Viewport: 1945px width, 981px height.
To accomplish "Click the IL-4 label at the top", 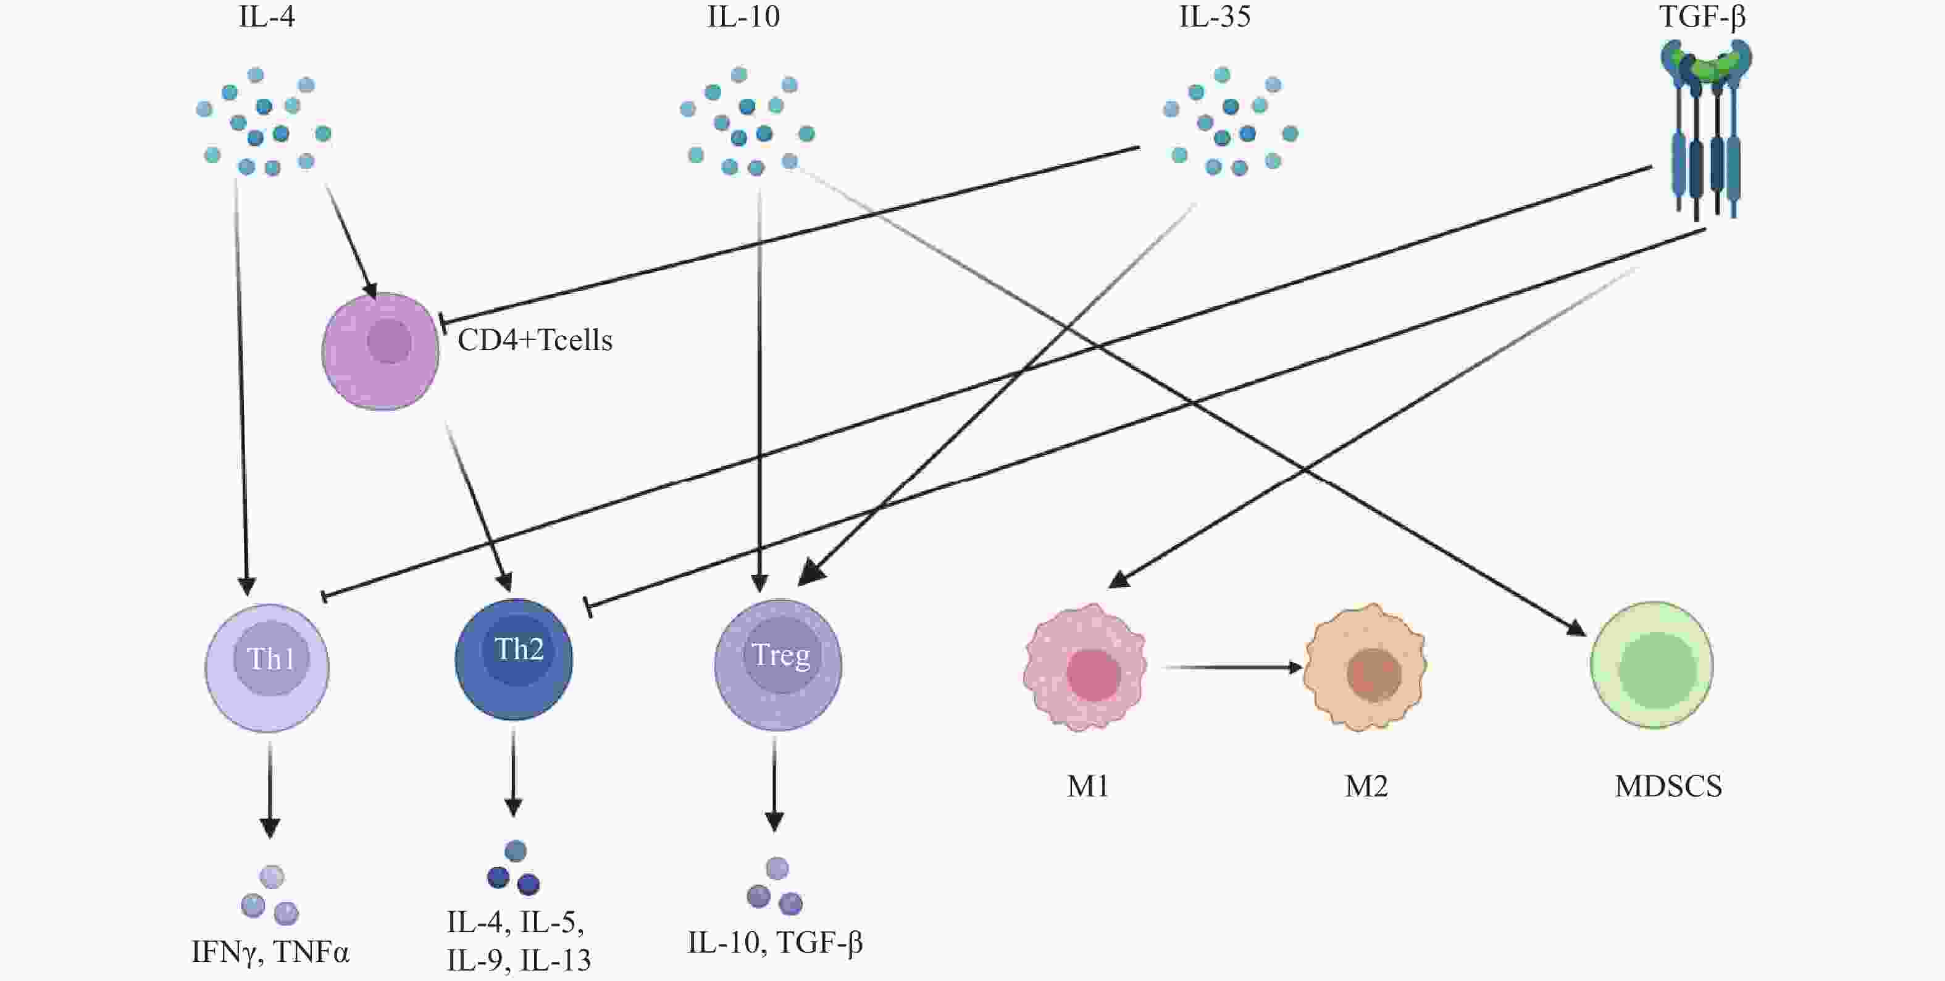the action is (267, 16).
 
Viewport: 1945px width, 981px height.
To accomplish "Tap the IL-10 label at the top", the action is (743, 16).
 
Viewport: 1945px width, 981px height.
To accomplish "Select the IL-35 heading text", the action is (1215, 16).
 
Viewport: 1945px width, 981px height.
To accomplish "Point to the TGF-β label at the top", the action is (1702, 16).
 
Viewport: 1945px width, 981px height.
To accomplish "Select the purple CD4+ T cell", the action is (380, 352).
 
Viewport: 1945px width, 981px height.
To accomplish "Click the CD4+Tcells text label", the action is (535, 341).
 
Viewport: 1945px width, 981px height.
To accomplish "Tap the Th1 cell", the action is (267, 667).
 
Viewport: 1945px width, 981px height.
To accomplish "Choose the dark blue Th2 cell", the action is (514, 659).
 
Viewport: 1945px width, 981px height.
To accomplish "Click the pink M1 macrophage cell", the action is (1085, 667).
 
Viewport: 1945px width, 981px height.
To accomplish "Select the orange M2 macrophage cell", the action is (1365, 667).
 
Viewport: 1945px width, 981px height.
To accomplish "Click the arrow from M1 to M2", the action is (1233, 667).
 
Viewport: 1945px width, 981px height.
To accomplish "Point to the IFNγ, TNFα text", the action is (270, 953).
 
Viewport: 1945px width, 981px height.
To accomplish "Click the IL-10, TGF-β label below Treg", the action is (775, 943).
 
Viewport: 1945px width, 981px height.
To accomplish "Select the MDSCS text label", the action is (1668, 786).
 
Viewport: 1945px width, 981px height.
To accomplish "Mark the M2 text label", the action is (1366, 786).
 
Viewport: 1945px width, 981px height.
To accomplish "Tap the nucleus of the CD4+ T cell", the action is (390, 341).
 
